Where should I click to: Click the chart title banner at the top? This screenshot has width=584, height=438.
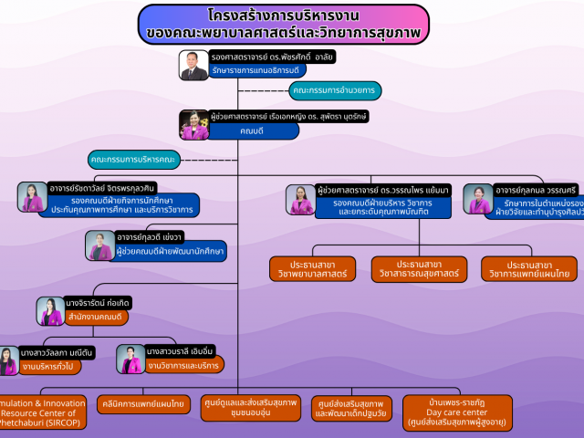(285, 25)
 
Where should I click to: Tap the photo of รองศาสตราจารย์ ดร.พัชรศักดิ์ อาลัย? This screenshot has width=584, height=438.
(193, 67)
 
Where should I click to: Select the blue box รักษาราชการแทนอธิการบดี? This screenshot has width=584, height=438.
(256, 70)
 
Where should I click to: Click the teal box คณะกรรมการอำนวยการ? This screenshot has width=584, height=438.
(334, 90)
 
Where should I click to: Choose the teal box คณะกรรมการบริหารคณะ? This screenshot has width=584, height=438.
(134, 160)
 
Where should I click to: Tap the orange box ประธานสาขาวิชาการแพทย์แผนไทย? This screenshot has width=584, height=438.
(529, 269)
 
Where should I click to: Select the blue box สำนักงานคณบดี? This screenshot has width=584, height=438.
(94, 317)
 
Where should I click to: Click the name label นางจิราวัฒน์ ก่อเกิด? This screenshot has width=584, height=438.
(97, 303)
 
